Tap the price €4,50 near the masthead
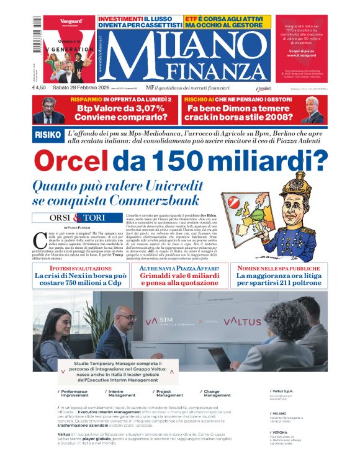(x=40, y=87)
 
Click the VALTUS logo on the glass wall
(x=241, y=321)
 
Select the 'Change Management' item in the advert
(x=217, y=393)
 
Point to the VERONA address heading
(x=279, y=432)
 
